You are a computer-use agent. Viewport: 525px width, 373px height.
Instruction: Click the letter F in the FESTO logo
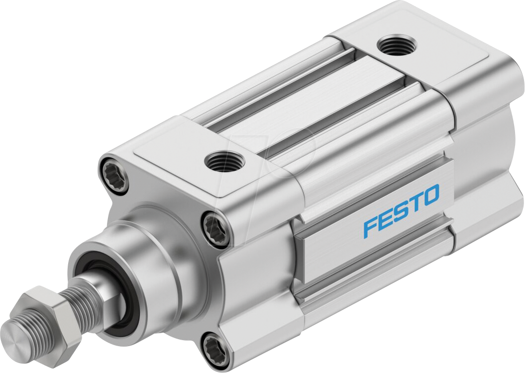click(370, 227)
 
